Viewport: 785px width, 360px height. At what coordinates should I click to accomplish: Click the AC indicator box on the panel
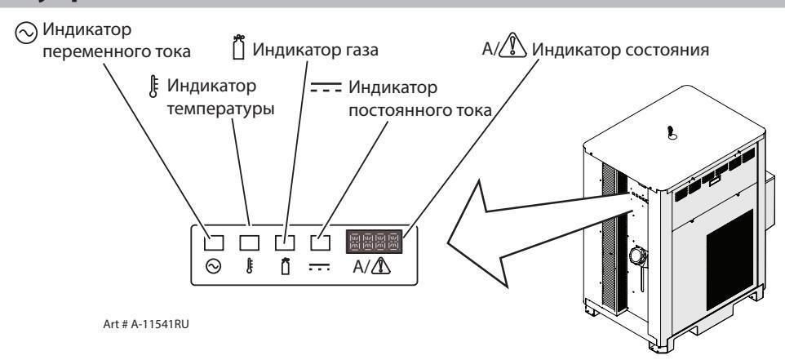tap(214, 242)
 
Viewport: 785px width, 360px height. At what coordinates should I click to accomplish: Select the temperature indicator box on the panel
tap(249, 242)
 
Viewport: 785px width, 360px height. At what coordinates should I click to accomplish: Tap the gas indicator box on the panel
tap(285, 242)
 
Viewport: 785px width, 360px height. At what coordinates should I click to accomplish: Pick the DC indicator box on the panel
tap(321, 242)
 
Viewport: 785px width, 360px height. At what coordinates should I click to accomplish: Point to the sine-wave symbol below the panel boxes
tap(214, 266)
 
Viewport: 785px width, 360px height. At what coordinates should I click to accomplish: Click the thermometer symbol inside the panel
tap(249, 266)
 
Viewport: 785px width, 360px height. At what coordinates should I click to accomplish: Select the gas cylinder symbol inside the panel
tap(285, 266)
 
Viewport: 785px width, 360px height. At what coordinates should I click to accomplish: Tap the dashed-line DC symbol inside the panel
tap(321, 266)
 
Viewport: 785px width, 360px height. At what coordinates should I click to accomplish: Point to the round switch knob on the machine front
tap(636, 256)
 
